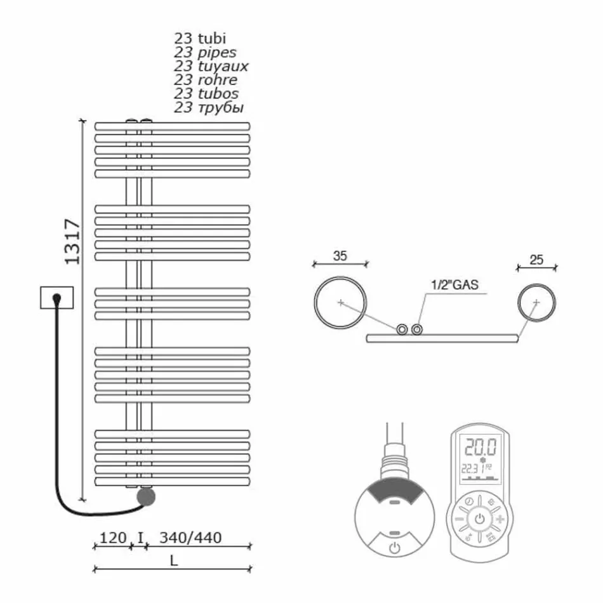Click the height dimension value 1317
[x=72, y=242]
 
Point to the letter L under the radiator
[x=173, y=560]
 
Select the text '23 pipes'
[x=205, y=51]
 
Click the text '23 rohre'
[x=206, y=79]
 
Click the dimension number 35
[x=340, y=256]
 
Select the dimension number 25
[x=536, y=260]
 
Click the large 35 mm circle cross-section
[x=340, y=303]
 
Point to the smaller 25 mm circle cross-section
[x=536, y=303]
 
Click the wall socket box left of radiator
[x=56, y=297]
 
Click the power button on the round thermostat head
[x=394, y=547]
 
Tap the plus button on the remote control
[x=501, y=520]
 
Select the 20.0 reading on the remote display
[x=479, y=446]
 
